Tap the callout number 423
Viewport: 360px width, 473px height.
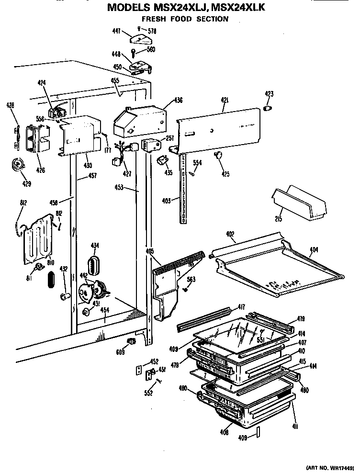(269, 94)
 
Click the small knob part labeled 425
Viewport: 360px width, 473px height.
(219, 154)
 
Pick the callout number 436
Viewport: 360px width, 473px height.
(178, 100)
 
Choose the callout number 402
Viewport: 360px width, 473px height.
(230, 234)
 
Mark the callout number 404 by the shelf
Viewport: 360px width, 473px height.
(314, 249)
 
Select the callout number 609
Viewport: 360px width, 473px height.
(120, 352)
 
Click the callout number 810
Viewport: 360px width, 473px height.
(50, 263)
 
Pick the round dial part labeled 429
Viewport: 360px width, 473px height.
(18, 165)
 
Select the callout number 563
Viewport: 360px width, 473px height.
(191, 280)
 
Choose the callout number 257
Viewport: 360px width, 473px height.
(169, 137)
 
